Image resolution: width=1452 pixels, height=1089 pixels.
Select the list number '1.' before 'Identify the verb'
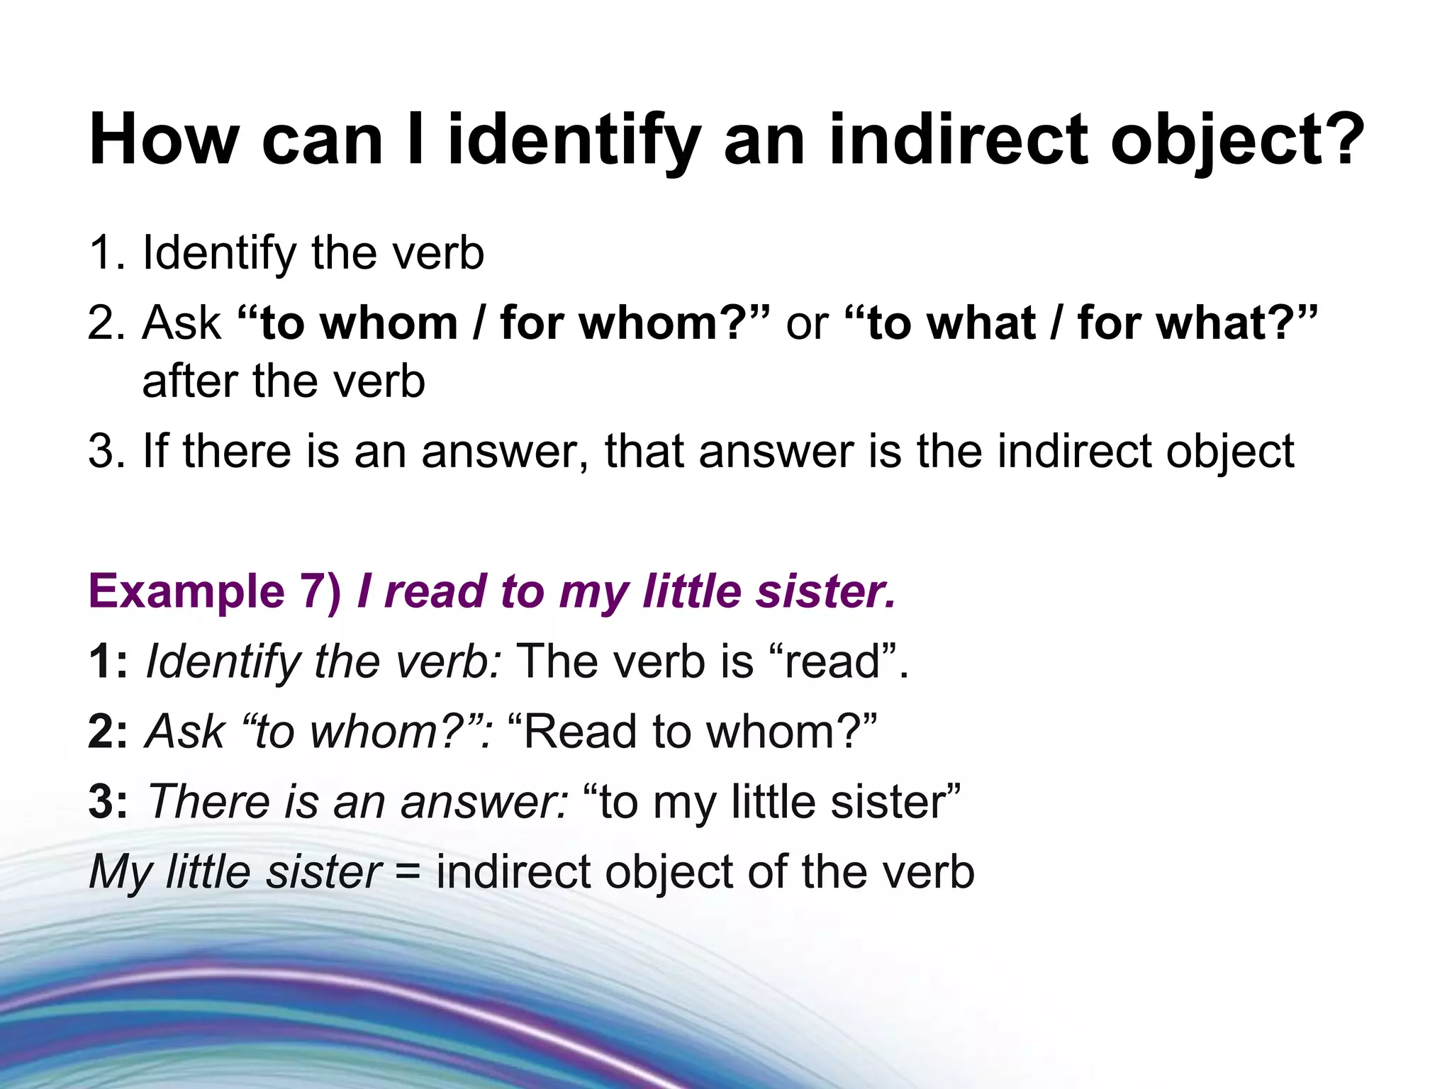point(107,252)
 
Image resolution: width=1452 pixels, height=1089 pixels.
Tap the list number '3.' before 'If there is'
point(107,451)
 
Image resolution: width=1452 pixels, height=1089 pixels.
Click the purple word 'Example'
point(186,591)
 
